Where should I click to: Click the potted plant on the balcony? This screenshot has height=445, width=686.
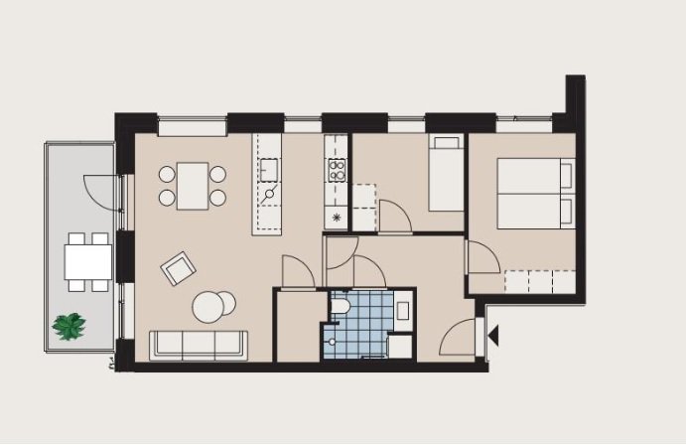(x=69, y=326)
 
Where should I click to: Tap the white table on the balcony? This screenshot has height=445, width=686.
(x=86, y=261)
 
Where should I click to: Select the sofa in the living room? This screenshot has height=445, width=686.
(x=199, y=344)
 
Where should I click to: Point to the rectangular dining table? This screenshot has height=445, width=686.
(x=194, y=185)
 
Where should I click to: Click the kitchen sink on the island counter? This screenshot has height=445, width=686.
(x=268, y=171)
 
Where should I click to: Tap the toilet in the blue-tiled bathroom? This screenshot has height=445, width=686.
(x=340, y=307)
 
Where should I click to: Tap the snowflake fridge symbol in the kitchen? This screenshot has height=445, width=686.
(x=337, y=217)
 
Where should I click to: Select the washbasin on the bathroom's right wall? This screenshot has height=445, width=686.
(x=403, y=310)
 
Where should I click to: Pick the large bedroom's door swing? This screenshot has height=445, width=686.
(x=481, y=258)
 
